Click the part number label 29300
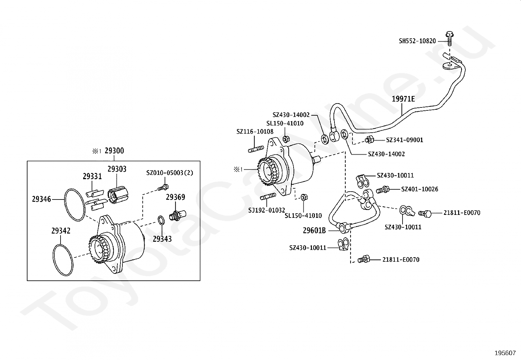[114, 151]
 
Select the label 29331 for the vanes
[92, 177]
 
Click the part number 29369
[175, 197]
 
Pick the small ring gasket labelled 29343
[161, 220]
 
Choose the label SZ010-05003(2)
[170, 173]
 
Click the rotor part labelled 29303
[119, 195]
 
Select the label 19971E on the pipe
[403, 99]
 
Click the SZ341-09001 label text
[404, 140]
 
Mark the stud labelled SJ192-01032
[267, 197]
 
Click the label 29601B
[314, 231]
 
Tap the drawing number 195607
[505, 353]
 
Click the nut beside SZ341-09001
[369, 140]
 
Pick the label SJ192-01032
[266, 210]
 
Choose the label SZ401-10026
[420, 189]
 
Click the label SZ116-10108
[255, 132]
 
